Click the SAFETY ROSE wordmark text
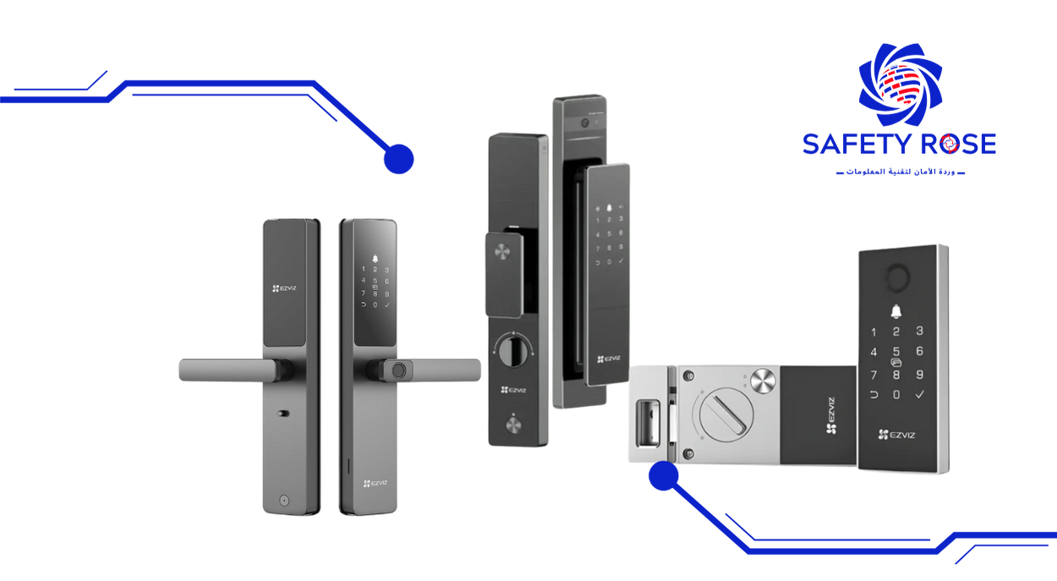[899, 144]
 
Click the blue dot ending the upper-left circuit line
[398, 159]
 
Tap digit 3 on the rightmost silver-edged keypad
[919, 332]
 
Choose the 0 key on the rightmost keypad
[896, 395]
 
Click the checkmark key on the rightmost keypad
[920, 395]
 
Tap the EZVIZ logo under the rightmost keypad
[896, 436]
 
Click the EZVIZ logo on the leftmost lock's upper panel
[286, 288]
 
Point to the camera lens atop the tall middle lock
[583, 122]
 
